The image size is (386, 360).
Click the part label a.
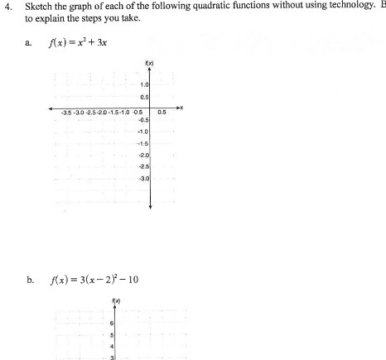pos(30,44)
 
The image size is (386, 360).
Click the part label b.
pos(30,279)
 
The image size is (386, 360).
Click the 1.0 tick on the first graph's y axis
pos(144,85)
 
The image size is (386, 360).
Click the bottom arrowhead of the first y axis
pos(150,205)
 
